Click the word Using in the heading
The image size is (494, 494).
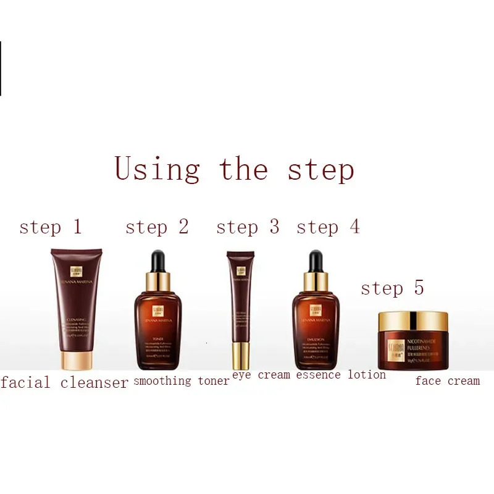coord(157,169)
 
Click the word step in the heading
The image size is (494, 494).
coord(321,170)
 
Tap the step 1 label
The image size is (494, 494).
coord(50,227)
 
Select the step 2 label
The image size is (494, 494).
coord(157,227)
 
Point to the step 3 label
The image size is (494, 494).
coord(248,227)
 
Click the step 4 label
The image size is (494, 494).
coord(328,227)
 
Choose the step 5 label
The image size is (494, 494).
coord(392,288)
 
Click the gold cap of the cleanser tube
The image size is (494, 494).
coord(77,362)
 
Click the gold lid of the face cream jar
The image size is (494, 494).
coord(412,321)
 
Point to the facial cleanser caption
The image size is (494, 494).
coord(64,383)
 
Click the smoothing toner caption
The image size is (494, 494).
coord(181,381)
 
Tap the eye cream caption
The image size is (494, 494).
coord(261,375)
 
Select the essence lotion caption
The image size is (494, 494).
coord(341,375)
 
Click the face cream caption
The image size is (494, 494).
coord(447,381)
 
